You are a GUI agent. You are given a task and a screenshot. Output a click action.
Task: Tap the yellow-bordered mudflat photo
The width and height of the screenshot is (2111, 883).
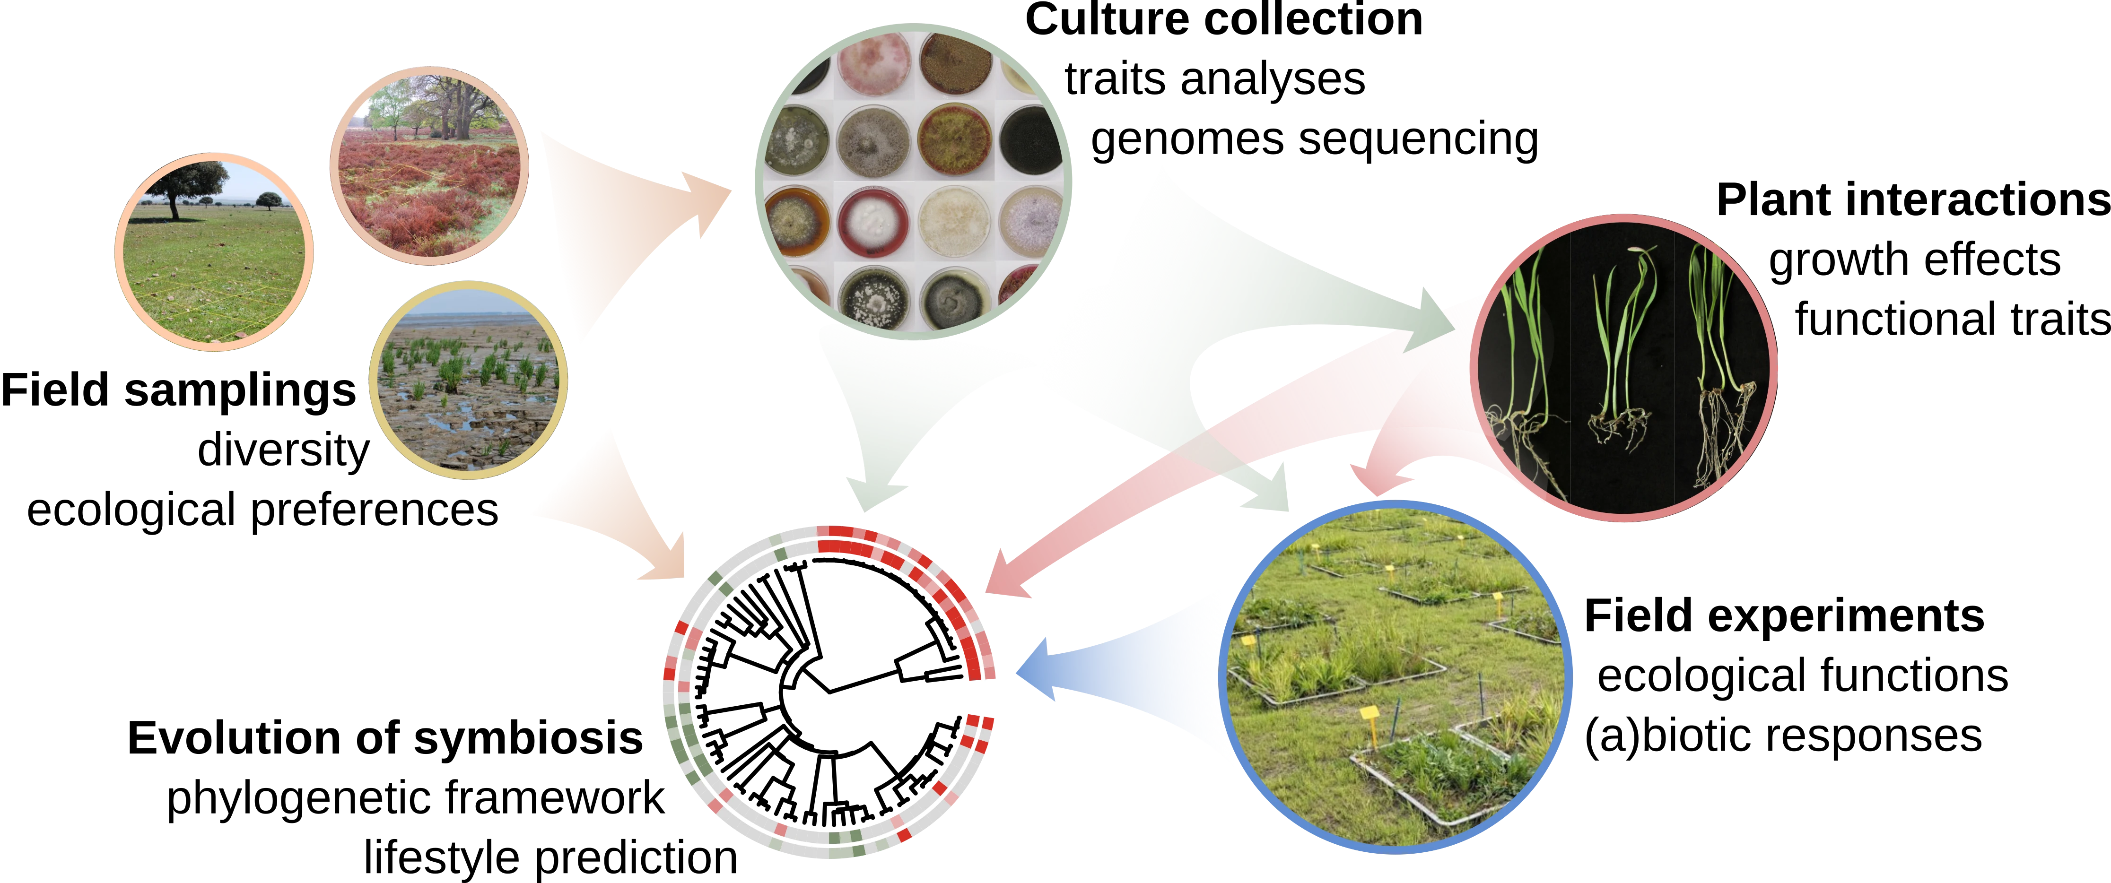(468, 381)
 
